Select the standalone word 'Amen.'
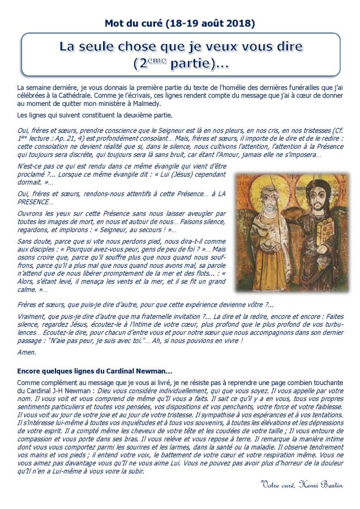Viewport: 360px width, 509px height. (x=26, y=352)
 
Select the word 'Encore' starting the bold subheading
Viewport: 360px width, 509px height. (x=29, y=371)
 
